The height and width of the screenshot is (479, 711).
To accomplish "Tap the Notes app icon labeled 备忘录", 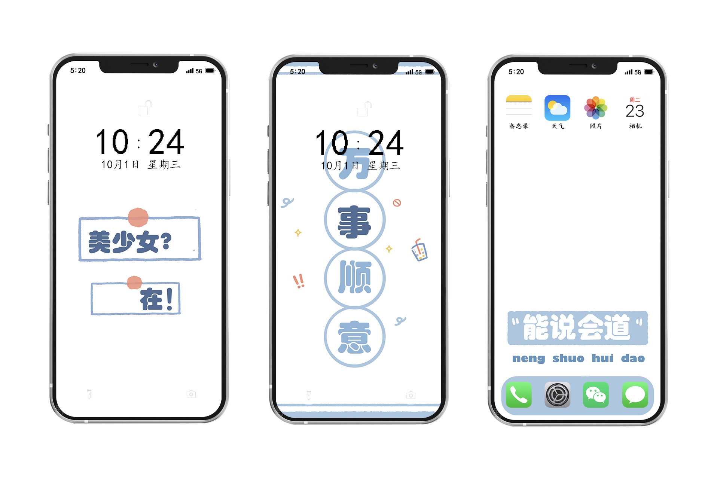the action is coord(519,108).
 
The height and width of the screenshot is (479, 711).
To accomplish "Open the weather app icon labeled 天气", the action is coord(557,108).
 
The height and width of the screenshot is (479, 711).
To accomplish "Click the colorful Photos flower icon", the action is coord(596,108).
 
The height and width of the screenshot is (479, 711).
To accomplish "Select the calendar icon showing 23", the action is coord(635,108).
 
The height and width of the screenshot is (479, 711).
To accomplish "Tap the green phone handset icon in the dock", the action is coord(519,395).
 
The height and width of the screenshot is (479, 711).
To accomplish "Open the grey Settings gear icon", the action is coord(557,395).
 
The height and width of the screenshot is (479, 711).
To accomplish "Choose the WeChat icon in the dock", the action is coord(596,395).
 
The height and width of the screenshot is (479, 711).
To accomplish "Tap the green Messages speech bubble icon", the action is coord(635,395).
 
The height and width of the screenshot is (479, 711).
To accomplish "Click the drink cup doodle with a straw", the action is coord(419,250).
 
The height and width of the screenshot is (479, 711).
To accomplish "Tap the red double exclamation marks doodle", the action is coord(299,281).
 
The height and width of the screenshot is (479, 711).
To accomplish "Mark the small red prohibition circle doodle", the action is coord(397,203).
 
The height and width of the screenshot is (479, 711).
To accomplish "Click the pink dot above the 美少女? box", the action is coord(138,217).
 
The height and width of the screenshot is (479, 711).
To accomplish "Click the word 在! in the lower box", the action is coord(157,299).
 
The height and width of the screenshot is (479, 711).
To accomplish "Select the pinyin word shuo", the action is coord(568,359).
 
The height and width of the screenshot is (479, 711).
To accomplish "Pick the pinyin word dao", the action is coord(633,359).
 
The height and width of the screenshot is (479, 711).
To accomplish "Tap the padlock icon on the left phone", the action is coord(145,108).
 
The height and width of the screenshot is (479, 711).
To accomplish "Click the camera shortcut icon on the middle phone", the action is coord(411,395).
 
